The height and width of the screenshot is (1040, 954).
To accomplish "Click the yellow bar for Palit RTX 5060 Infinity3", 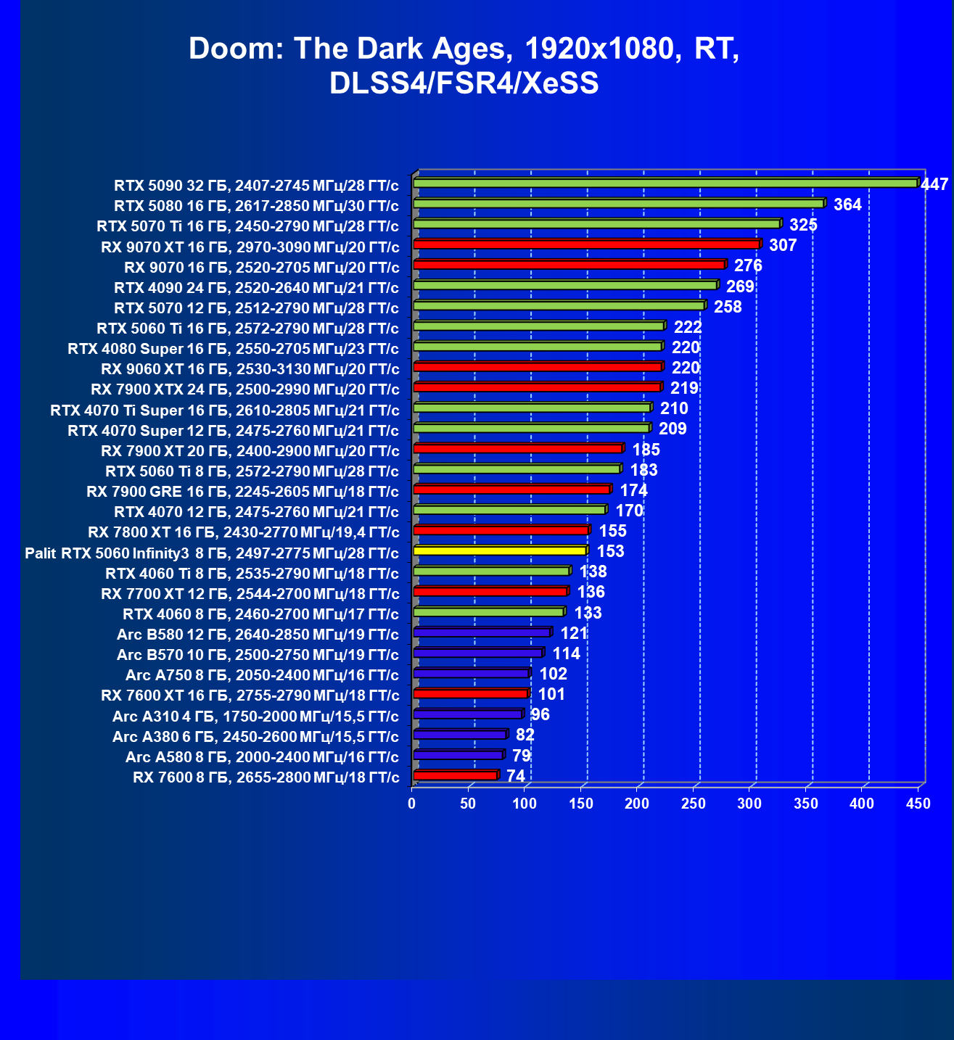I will pos(500,551).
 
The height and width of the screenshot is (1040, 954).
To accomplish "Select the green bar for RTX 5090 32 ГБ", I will pos(665,183).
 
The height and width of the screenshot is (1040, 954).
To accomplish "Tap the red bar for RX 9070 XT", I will pos(586,244).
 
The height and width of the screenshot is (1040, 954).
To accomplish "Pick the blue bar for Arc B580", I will pos(482,633).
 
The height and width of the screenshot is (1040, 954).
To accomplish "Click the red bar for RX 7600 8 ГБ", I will pos(455,776).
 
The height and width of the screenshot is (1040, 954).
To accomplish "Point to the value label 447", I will pos(934,184).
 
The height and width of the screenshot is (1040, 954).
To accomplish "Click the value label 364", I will pos(847,205).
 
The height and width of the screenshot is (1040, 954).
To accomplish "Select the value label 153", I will pos(610,551).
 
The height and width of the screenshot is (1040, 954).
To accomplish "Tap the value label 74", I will pos(516,776).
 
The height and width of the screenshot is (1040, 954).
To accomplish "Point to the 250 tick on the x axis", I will pos(694,804).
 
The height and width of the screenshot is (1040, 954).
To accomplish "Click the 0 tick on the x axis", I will pos(412,804).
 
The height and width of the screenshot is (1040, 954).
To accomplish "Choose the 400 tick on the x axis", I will pos(862,804).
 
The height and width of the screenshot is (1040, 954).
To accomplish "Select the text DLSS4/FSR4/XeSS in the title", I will pos(464,83).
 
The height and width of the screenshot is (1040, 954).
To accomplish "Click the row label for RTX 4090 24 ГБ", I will pos(256,288).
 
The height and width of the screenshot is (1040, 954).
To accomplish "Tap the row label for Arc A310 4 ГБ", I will pos(255,717).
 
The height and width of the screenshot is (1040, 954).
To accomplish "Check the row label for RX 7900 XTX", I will pos(244,389).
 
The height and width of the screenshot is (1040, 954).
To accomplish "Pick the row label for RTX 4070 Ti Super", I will pos(224,410).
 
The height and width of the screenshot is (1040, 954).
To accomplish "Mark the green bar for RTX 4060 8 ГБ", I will pos(488,612).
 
